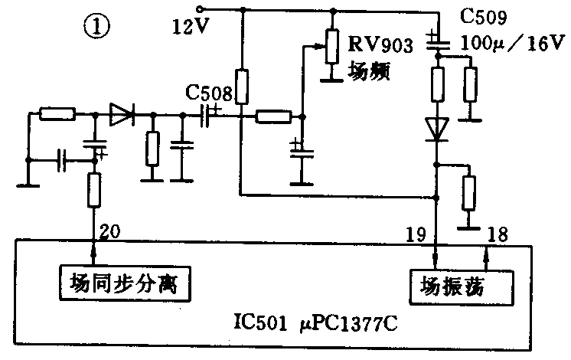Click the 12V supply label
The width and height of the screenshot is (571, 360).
(x=191, y=30)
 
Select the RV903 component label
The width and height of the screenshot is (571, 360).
(x=380, y=42)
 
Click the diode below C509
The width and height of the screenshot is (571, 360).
(x=437, y=129)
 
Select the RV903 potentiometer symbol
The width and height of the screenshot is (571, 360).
(x=331, y=45)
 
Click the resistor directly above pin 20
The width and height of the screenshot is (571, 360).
(x=95, y=191)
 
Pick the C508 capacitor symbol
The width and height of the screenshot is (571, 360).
(x=208, y=116)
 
